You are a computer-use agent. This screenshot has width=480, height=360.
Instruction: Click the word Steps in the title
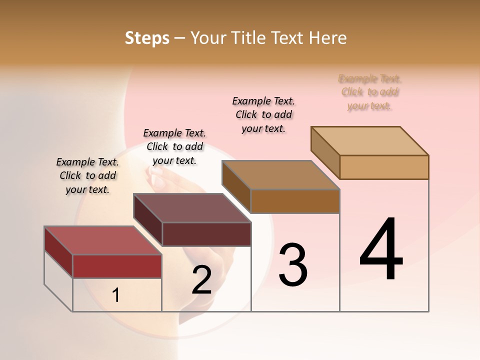pyautogui.click(x=147, y=38)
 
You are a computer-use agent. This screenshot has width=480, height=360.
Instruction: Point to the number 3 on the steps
pyautogui.click(x=293, y=265)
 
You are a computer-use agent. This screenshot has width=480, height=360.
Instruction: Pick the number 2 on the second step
pyautogui.click(x=202, y=280)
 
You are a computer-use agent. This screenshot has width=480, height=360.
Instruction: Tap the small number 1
pyautogui.click(x=115, y=295)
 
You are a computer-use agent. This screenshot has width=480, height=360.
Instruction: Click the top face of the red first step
pyautogui.click(x=102, y=240)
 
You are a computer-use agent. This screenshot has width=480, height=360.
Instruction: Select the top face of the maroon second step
pyautogui.click(x=192, y=208)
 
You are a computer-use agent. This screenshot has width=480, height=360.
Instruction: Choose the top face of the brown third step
pyautogui.click(x=280, y=175)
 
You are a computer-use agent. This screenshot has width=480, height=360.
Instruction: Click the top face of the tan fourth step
pyautogui.click(x=369, y=141)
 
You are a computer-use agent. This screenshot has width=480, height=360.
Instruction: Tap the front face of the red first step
pyautogui.click(x=117, y=266)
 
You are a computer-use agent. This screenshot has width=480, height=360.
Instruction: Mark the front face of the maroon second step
pyautogui.click(x=206, y=234)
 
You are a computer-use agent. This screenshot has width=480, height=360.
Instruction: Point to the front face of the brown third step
pyautogui.click(x=295, y=201)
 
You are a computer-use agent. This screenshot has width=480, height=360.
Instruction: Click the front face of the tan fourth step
pyautogui.click(x=384, y=167)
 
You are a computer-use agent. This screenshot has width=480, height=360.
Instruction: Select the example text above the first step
pyautogui.click(x=87, y=175)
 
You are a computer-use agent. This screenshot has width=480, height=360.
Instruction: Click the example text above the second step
pyautogui.click(x=174, y=146)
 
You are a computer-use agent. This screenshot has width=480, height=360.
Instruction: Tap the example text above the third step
pyautogui.click(x=263, y=114)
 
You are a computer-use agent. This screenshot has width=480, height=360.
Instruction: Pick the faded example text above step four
pyautogui.click(x=370, y=92)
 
